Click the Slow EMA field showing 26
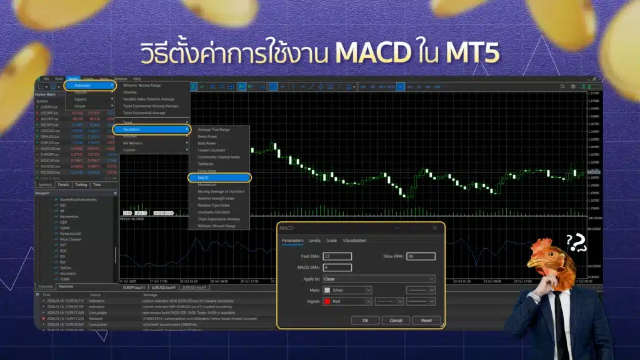point(420,256)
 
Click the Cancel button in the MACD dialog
point(396,320)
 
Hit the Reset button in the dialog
point(426,320)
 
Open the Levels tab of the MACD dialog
point(314,240)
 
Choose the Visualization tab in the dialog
point(354,240)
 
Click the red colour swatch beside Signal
point(327,301)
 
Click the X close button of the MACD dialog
point(435,228)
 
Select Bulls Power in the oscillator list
point(209,143)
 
